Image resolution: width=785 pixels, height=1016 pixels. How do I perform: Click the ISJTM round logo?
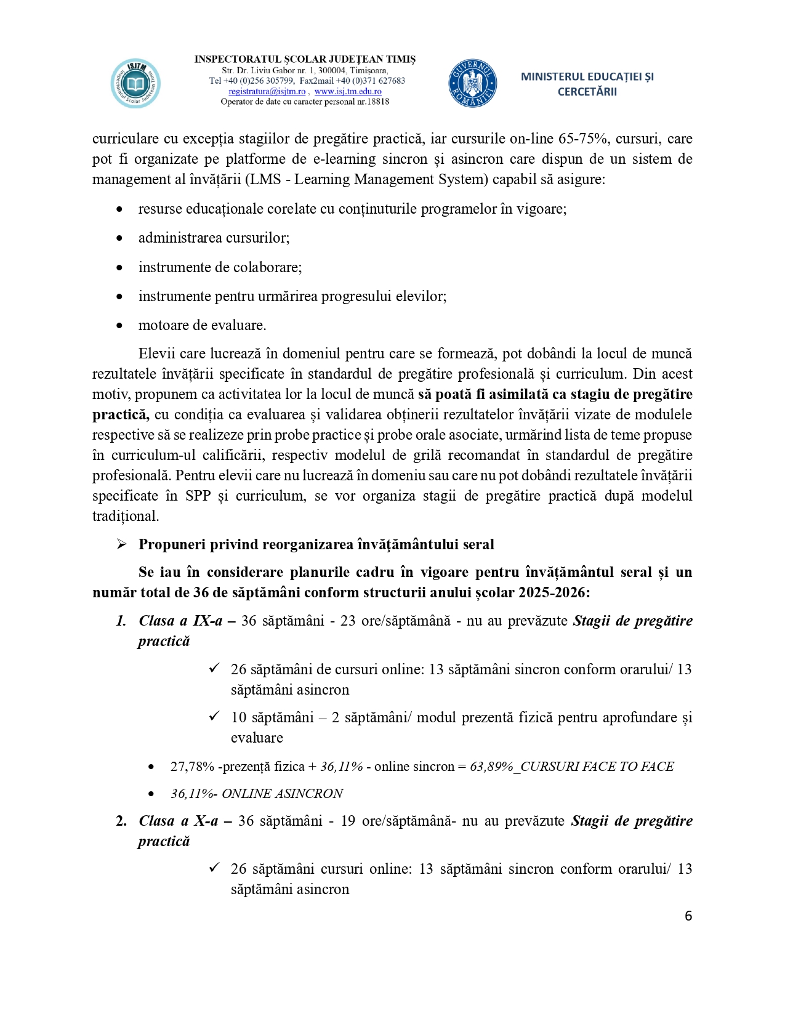pyautogui.click(x=135, y=83)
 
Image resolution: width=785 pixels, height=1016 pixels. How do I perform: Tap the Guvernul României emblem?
pyautogui.click(x=472, y=83)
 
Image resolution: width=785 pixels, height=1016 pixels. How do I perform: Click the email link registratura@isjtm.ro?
pyautogui.click(x=267, y=91)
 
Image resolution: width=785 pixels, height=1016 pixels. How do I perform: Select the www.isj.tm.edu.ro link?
pyautogui.click(x=348, y=91)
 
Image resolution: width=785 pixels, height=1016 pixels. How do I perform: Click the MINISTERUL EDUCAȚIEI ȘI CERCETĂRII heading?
pyautogui.click(x=587, y=84)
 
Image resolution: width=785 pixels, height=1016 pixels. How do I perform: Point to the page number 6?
pyautogui.click(x=688, y=916)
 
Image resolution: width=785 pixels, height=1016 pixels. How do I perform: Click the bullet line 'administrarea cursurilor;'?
pyautogui.click(x=214, y=238)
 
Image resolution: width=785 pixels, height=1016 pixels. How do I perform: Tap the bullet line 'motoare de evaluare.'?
pyautogui.click(x=202, y=325)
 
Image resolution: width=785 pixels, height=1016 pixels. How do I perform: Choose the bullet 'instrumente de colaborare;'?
pyautogui.click(x=220, y=267)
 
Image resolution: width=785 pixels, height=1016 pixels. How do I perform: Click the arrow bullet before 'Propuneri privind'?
pyautogui.click(x=121, y=544)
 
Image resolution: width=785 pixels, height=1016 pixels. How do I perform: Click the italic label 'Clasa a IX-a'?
pyautogui.click(x=180, y=621)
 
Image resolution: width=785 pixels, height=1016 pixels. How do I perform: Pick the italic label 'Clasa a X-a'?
pyautogui.click(x=178, y=821)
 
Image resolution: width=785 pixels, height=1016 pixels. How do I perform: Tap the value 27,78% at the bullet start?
pyautogui.click(x=192, y=767)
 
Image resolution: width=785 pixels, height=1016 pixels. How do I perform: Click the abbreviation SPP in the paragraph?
pyautogui.click(x=198, y=496)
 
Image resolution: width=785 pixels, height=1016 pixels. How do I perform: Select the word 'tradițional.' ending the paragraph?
pyautogui.click(x=126, y=516)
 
